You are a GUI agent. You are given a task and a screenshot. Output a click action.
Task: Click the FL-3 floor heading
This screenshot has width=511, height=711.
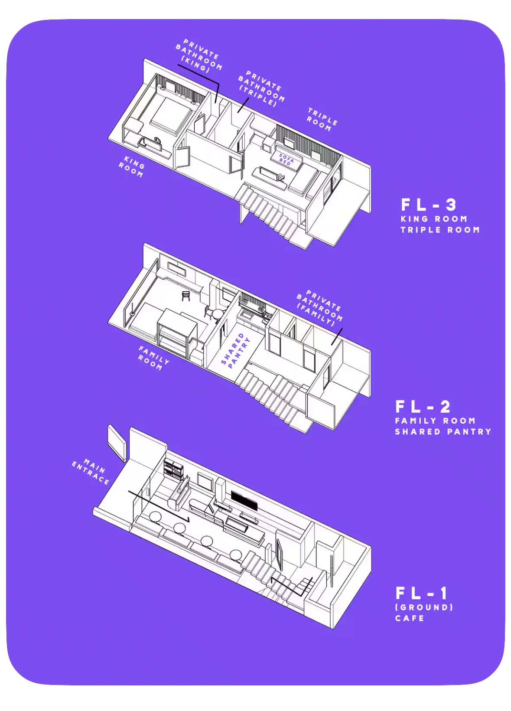tap(429, 205)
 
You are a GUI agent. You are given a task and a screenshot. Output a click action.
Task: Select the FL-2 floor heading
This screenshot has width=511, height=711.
tap(423, 407)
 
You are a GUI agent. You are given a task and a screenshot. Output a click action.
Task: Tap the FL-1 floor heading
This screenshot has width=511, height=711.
tap(421, 593)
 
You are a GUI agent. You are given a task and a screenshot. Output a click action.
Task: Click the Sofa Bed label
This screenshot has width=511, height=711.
tap(286, 159)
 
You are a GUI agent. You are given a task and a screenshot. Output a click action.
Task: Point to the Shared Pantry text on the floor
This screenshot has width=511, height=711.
tap(235, 350)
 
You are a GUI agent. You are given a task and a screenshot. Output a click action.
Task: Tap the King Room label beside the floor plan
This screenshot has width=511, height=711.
tap(132, 166)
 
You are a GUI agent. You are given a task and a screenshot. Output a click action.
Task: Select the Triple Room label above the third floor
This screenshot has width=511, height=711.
tap(322, 120)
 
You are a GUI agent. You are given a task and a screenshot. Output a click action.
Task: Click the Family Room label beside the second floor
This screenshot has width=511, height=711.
tap(153, 359)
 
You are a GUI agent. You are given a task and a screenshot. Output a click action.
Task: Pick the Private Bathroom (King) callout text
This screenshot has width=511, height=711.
tap(199, 56)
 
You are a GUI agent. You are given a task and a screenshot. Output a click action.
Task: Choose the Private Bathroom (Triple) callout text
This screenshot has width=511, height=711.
tap(261, 88)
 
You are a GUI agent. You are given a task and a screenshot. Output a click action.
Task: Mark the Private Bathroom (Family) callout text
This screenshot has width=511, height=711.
tap(319, 307)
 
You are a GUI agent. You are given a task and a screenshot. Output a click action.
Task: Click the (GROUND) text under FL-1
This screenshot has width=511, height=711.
tap(424, 607)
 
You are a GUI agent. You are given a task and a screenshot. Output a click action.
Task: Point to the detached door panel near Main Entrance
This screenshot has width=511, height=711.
tap(117, 443)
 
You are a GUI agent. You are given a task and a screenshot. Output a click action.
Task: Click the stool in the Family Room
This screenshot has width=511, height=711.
tap(186, 295)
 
